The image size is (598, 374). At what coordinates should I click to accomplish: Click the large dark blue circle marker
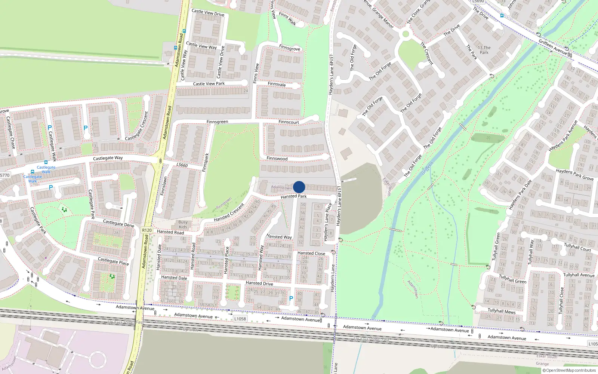(299, 187)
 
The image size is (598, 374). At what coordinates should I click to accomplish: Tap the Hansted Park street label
(293, 196)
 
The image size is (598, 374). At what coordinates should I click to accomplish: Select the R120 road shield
(147, 230)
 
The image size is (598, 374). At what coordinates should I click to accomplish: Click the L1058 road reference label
(240, 319)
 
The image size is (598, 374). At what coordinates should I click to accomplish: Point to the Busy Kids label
(183, 224)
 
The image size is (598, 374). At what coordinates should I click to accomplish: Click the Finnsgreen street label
(217, 122)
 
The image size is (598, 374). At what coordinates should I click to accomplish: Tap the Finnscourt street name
(289, 122)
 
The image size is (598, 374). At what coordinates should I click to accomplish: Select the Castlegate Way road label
(108, 158)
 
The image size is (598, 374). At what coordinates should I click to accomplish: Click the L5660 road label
(182, 165)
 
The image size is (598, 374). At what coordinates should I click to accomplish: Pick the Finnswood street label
(277, 159)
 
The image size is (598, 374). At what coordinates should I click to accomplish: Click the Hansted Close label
(311, 253)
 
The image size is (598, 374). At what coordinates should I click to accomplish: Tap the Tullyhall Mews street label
(502, 311)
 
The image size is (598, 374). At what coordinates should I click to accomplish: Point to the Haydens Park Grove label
(574, 175)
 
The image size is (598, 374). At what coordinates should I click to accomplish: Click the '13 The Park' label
(484, 50)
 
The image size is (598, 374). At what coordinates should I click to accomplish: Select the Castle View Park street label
(209, 84)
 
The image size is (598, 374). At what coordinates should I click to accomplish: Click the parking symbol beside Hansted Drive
(291, 298)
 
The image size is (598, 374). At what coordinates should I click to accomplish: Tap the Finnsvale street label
(277, 84)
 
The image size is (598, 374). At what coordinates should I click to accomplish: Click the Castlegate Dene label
(118, 223)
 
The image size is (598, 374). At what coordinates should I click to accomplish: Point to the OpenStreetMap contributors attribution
(569, 370)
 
